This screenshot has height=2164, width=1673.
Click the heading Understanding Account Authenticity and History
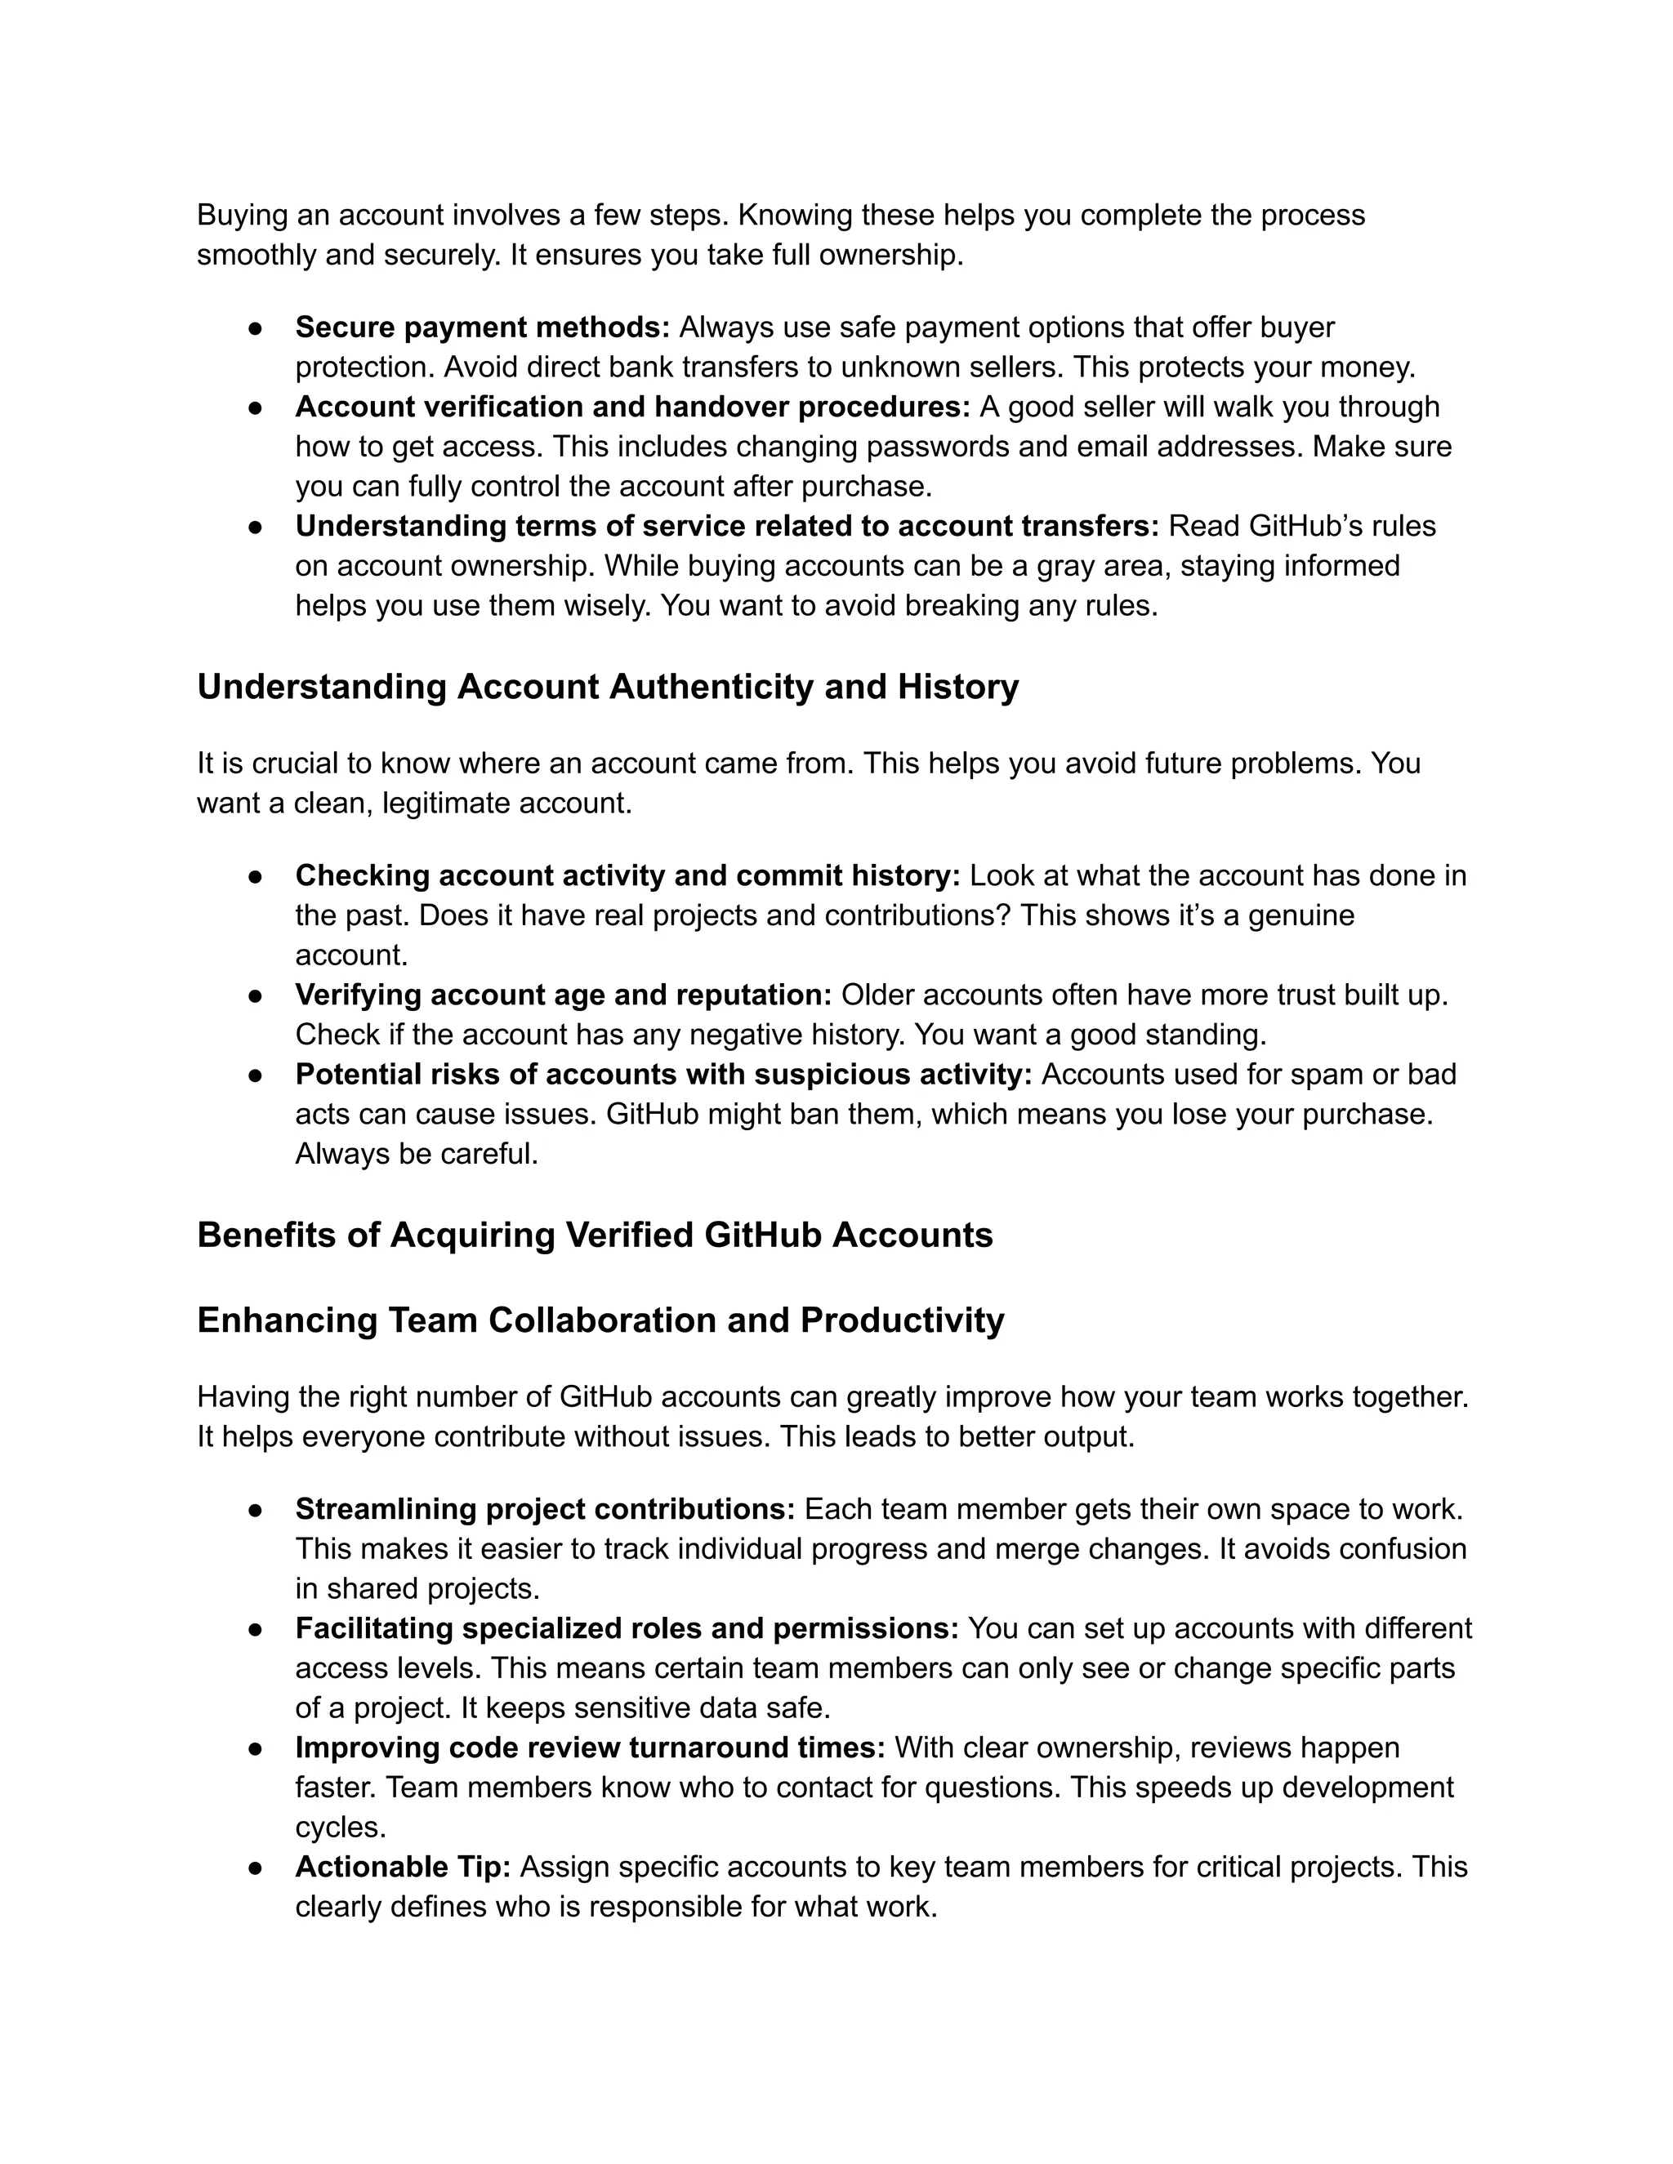click(608, 687)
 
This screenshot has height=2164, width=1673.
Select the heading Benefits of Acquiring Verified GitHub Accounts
click(595, 1235)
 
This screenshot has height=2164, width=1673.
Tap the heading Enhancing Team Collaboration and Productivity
click(600, 1320)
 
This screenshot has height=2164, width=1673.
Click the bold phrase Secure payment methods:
click(483, 327)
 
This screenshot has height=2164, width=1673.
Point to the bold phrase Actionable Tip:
click(403, 1867)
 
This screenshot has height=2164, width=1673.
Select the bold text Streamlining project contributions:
click(545, 1509)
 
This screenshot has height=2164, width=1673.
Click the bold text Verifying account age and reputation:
click(563, 995)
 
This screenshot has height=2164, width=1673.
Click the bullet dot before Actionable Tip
click(255, 1867)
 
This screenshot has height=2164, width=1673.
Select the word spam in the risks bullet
click(1329, 1074)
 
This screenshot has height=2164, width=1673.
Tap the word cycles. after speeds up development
click(340, 1827)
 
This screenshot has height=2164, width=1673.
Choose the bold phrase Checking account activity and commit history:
click(627, 876)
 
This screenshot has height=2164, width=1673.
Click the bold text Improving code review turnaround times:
click(590, 1748)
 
